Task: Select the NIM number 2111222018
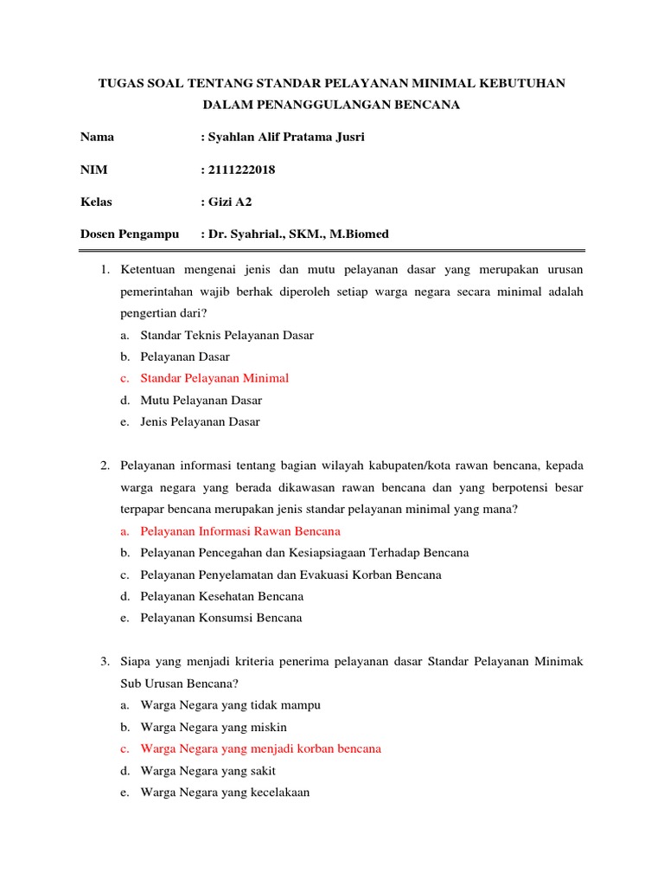click(x=241, y=170)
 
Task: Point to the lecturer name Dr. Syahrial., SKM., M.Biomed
click(x=298, y=234)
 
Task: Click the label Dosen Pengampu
click(x=130, y=234)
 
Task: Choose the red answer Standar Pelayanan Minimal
click(x=214, y=378)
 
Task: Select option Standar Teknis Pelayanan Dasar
click(x=227, y=335)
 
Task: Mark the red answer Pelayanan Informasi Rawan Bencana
click(x=240, y=531)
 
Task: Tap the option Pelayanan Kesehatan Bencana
click(x=221, y=596)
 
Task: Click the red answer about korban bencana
click(x=260, y=748)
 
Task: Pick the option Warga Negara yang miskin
click(x=214, y=727)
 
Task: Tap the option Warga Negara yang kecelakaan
click(x=225, y=793)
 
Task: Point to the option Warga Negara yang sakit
click(x=207, y=771)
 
